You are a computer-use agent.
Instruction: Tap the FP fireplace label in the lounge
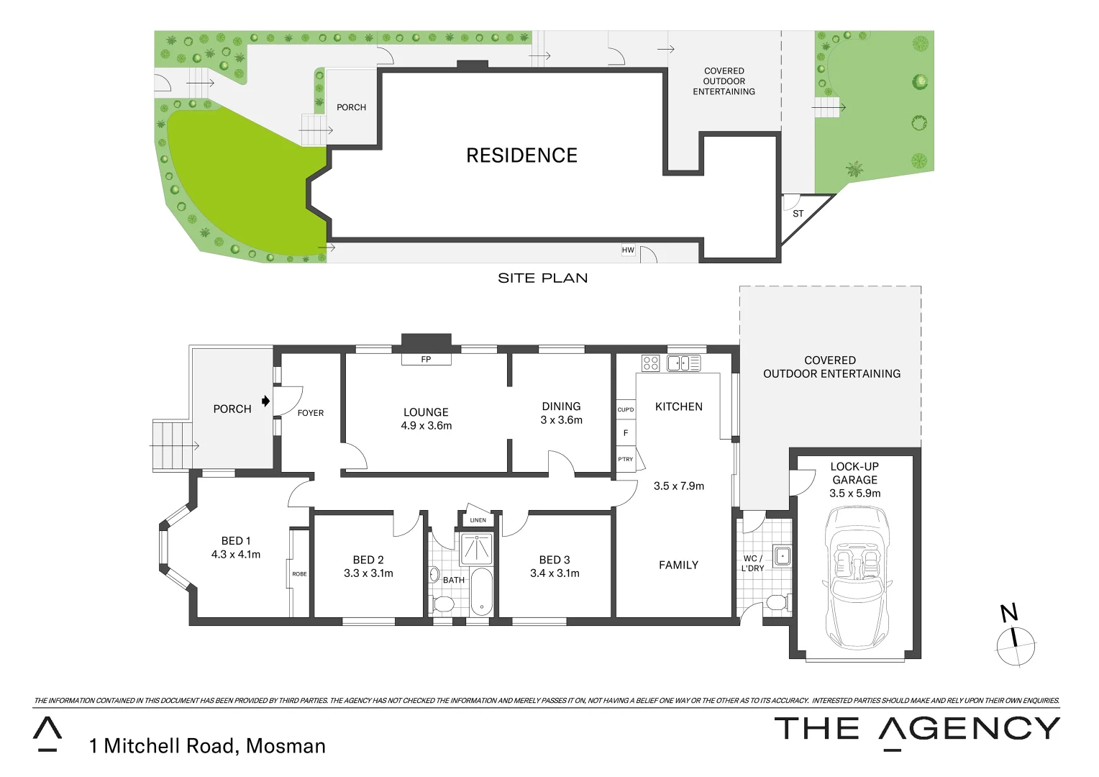[x=426, y=359]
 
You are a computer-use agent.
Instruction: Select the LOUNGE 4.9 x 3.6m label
[x=426, y=419]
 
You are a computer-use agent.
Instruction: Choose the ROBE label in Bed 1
[x=299, y=573]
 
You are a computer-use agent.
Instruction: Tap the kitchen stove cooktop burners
[x=650, y=363]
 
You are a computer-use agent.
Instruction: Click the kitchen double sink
[x=683, y=363]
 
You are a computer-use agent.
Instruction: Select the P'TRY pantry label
[x=625, y=459]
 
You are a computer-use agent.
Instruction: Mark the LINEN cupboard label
[x=478, y=519]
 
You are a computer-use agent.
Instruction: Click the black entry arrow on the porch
[x=265, y=401]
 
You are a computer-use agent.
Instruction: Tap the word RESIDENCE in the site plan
[x=521, y=155]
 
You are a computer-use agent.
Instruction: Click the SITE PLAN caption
[x=542, y=278]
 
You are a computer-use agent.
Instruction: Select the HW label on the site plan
[x=628, y=250]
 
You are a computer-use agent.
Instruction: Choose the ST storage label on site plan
[x=798, y=214]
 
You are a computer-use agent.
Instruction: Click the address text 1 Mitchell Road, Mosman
[x=207, y=746]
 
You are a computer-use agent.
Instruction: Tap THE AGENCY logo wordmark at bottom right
[x=916, y=730]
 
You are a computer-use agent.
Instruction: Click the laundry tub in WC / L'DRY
[x=782, y=556]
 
